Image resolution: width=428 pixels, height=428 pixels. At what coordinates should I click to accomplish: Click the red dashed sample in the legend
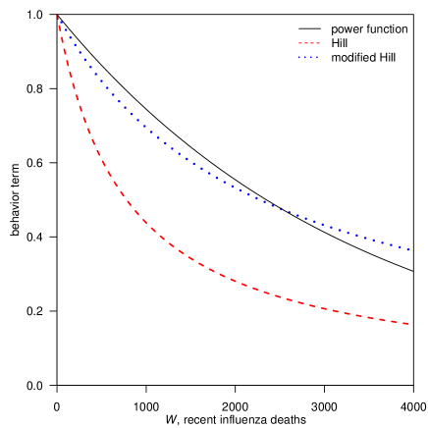pyautogui.click(x=309, y=44)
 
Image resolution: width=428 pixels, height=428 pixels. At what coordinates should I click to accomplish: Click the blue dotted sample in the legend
pyautogui.click(x=309, y=58)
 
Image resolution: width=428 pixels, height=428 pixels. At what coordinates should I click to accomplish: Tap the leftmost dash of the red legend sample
pyautogui.click(x=300, y=44)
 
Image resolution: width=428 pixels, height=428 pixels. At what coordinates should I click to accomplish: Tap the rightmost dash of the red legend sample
pyautogui.click(x=318, y=44)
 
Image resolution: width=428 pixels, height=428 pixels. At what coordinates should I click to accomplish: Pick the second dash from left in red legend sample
pyautogui.click(x=306, y=44)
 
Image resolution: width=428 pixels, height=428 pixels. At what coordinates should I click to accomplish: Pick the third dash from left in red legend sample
pyautogui.click(x=312, y=44)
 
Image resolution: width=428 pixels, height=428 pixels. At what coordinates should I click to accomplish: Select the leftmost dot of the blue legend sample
pyautogui.click(x=299, y=58)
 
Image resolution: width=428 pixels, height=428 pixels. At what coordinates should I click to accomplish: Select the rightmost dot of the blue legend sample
pyautogui.click(x=318, y=58)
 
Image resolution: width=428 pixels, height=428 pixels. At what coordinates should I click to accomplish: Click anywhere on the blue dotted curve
pyautogui.click(x=196, y=164)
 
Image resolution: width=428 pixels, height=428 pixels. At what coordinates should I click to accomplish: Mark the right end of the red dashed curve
pyautogui.click(x=408, y=324)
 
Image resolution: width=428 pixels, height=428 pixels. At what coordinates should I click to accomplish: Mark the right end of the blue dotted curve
pyautogui.click(x=408, y=249)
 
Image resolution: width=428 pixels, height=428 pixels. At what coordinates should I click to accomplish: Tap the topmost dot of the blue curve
pyautogui.click(x=57, y=16)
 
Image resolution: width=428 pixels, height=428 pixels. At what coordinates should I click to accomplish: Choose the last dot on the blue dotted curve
pyautogui.click(x=408, y=249)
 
